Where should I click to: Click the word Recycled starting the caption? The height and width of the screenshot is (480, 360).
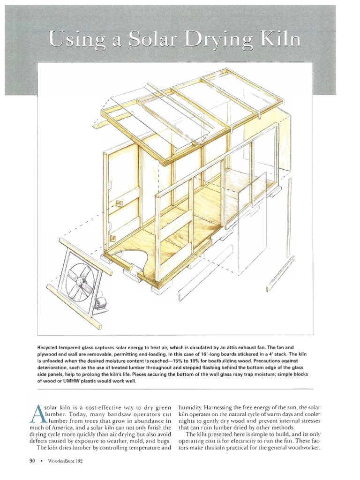click(49, 347)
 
